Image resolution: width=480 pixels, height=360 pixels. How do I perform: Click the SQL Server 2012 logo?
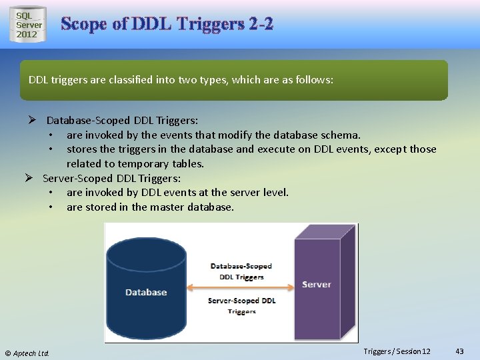click(x=28, y=25)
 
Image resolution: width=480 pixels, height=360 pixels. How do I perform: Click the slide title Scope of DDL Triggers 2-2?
click(x=167, y=24)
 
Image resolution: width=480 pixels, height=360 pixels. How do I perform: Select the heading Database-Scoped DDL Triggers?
click(x=122, y=121)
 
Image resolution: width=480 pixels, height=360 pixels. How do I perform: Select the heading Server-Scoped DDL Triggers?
click(x=111, y=178)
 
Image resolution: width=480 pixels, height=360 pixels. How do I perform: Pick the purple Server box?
click(x=320, y=283)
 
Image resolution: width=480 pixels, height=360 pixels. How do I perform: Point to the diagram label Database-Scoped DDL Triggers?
click(x=241, y=271)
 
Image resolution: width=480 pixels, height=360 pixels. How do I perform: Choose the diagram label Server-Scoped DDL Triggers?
click(x=241, y=305)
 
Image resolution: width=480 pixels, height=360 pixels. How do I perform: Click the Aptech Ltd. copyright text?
click(x=27, y=353)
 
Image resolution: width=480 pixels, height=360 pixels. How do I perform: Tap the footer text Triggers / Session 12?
click(x=397, y=351)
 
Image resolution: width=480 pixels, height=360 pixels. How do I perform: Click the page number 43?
click(x=459, y=351)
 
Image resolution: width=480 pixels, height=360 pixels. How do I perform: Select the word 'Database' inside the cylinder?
click(x=146, y=292)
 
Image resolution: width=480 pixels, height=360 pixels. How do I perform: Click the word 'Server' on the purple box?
click(x=316, y=284)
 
